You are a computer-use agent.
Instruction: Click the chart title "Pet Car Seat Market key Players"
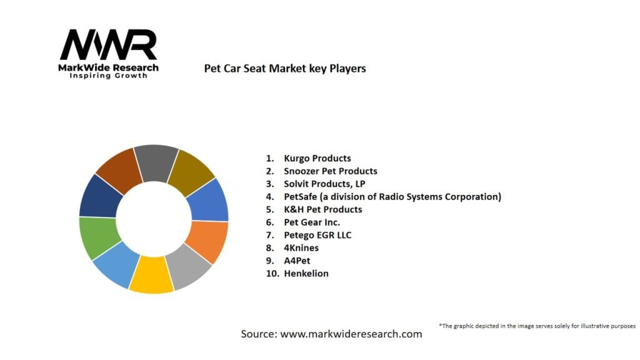[285, 68]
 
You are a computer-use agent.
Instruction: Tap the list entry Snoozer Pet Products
[330, 171]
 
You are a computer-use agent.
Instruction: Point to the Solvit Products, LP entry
[324, 184]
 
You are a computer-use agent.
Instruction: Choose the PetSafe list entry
[392, 196]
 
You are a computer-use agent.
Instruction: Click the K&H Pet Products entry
[322, 209]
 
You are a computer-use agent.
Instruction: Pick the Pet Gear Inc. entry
[312, 222]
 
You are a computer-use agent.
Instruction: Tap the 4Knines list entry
[301, 247]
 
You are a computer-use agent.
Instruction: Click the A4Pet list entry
[296, 261]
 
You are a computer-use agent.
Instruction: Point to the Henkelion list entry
[306, 273]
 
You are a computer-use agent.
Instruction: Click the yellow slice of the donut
[152, 277]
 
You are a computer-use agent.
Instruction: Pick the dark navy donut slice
[99, 195]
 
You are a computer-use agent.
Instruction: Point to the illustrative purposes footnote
[537, 326]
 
